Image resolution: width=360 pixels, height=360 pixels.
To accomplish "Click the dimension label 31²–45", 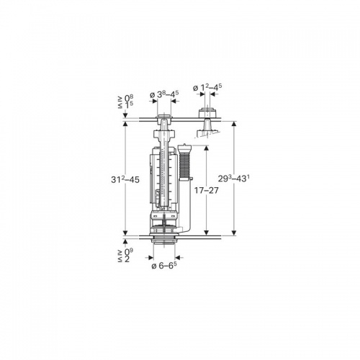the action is point(125,179).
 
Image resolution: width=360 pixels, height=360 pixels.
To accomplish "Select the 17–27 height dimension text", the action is point(207,191).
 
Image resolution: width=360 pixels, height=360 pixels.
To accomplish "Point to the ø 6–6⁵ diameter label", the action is point(164,265).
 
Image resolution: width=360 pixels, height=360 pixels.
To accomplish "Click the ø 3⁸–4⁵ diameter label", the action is point(164,94).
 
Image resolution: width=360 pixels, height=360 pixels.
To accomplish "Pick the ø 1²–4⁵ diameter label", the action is point(207,88).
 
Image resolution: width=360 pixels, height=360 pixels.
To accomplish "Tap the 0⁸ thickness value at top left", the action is point(129,98).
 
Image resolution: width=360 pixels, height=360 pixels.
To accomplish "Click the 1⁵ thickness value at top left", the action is point(129,105).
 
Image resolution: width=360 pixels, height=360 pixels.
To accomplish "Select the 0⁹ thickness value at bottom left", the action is point(129,252).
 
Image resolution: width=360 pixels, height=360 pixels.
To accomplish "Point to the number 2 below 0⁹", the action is point(127,259).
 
